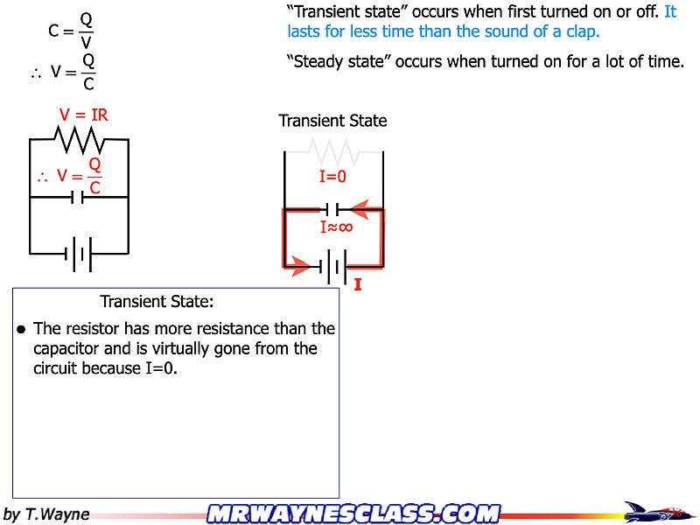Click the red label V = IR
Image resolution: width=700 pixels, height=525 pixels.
[x=84, y=115]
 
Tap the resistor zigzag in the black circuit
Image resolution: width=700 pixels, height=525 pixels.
[x=80, y=138]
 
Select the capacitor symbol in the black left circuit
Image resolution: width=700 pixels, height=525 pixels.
[x=79, y=197]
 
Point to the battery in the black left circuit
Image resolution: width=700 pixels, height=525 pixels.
[x=79, y=254]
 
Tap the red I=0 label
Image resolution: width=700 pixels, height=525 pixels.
[x=333, y=177]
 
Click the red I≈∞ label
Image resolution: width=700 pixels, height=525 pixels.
[x=336, y=227]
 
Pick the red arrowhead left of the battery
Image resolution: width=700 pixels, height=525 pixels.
[x=299, y=267]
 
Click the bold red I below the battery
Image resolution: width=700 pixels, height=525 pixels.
[x=358, y=283]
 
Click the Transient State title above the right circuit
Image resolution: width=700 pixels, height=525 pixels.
[x=332, y=121]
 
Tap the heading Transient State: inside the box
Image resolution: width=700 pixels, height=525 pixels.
[x=157, y=302]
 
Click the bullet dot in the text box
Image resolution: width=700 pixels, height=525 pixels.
[x=22, y=330]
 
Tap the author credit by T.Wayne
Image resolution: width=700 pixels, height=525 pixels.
[x=46, y=514]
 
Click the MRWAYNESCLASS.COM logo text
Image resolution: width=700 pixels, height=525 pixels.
[x=353, y=513]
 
